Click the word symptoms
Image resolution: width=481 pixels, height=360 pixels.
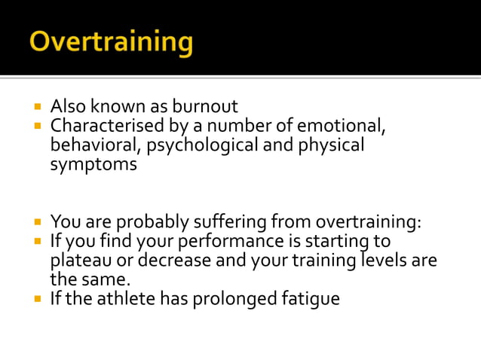tap(93, 163)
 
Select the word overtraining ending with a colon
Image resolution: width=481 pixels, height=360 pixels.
tap(368, 222)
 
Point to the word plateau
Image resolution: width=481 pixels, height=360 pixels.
tap(81, 261)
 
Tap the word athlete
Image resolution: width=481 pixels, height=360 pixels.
tap(129, 299)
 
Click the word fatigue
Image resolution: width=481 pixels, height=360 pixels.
tap(312, 299)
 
